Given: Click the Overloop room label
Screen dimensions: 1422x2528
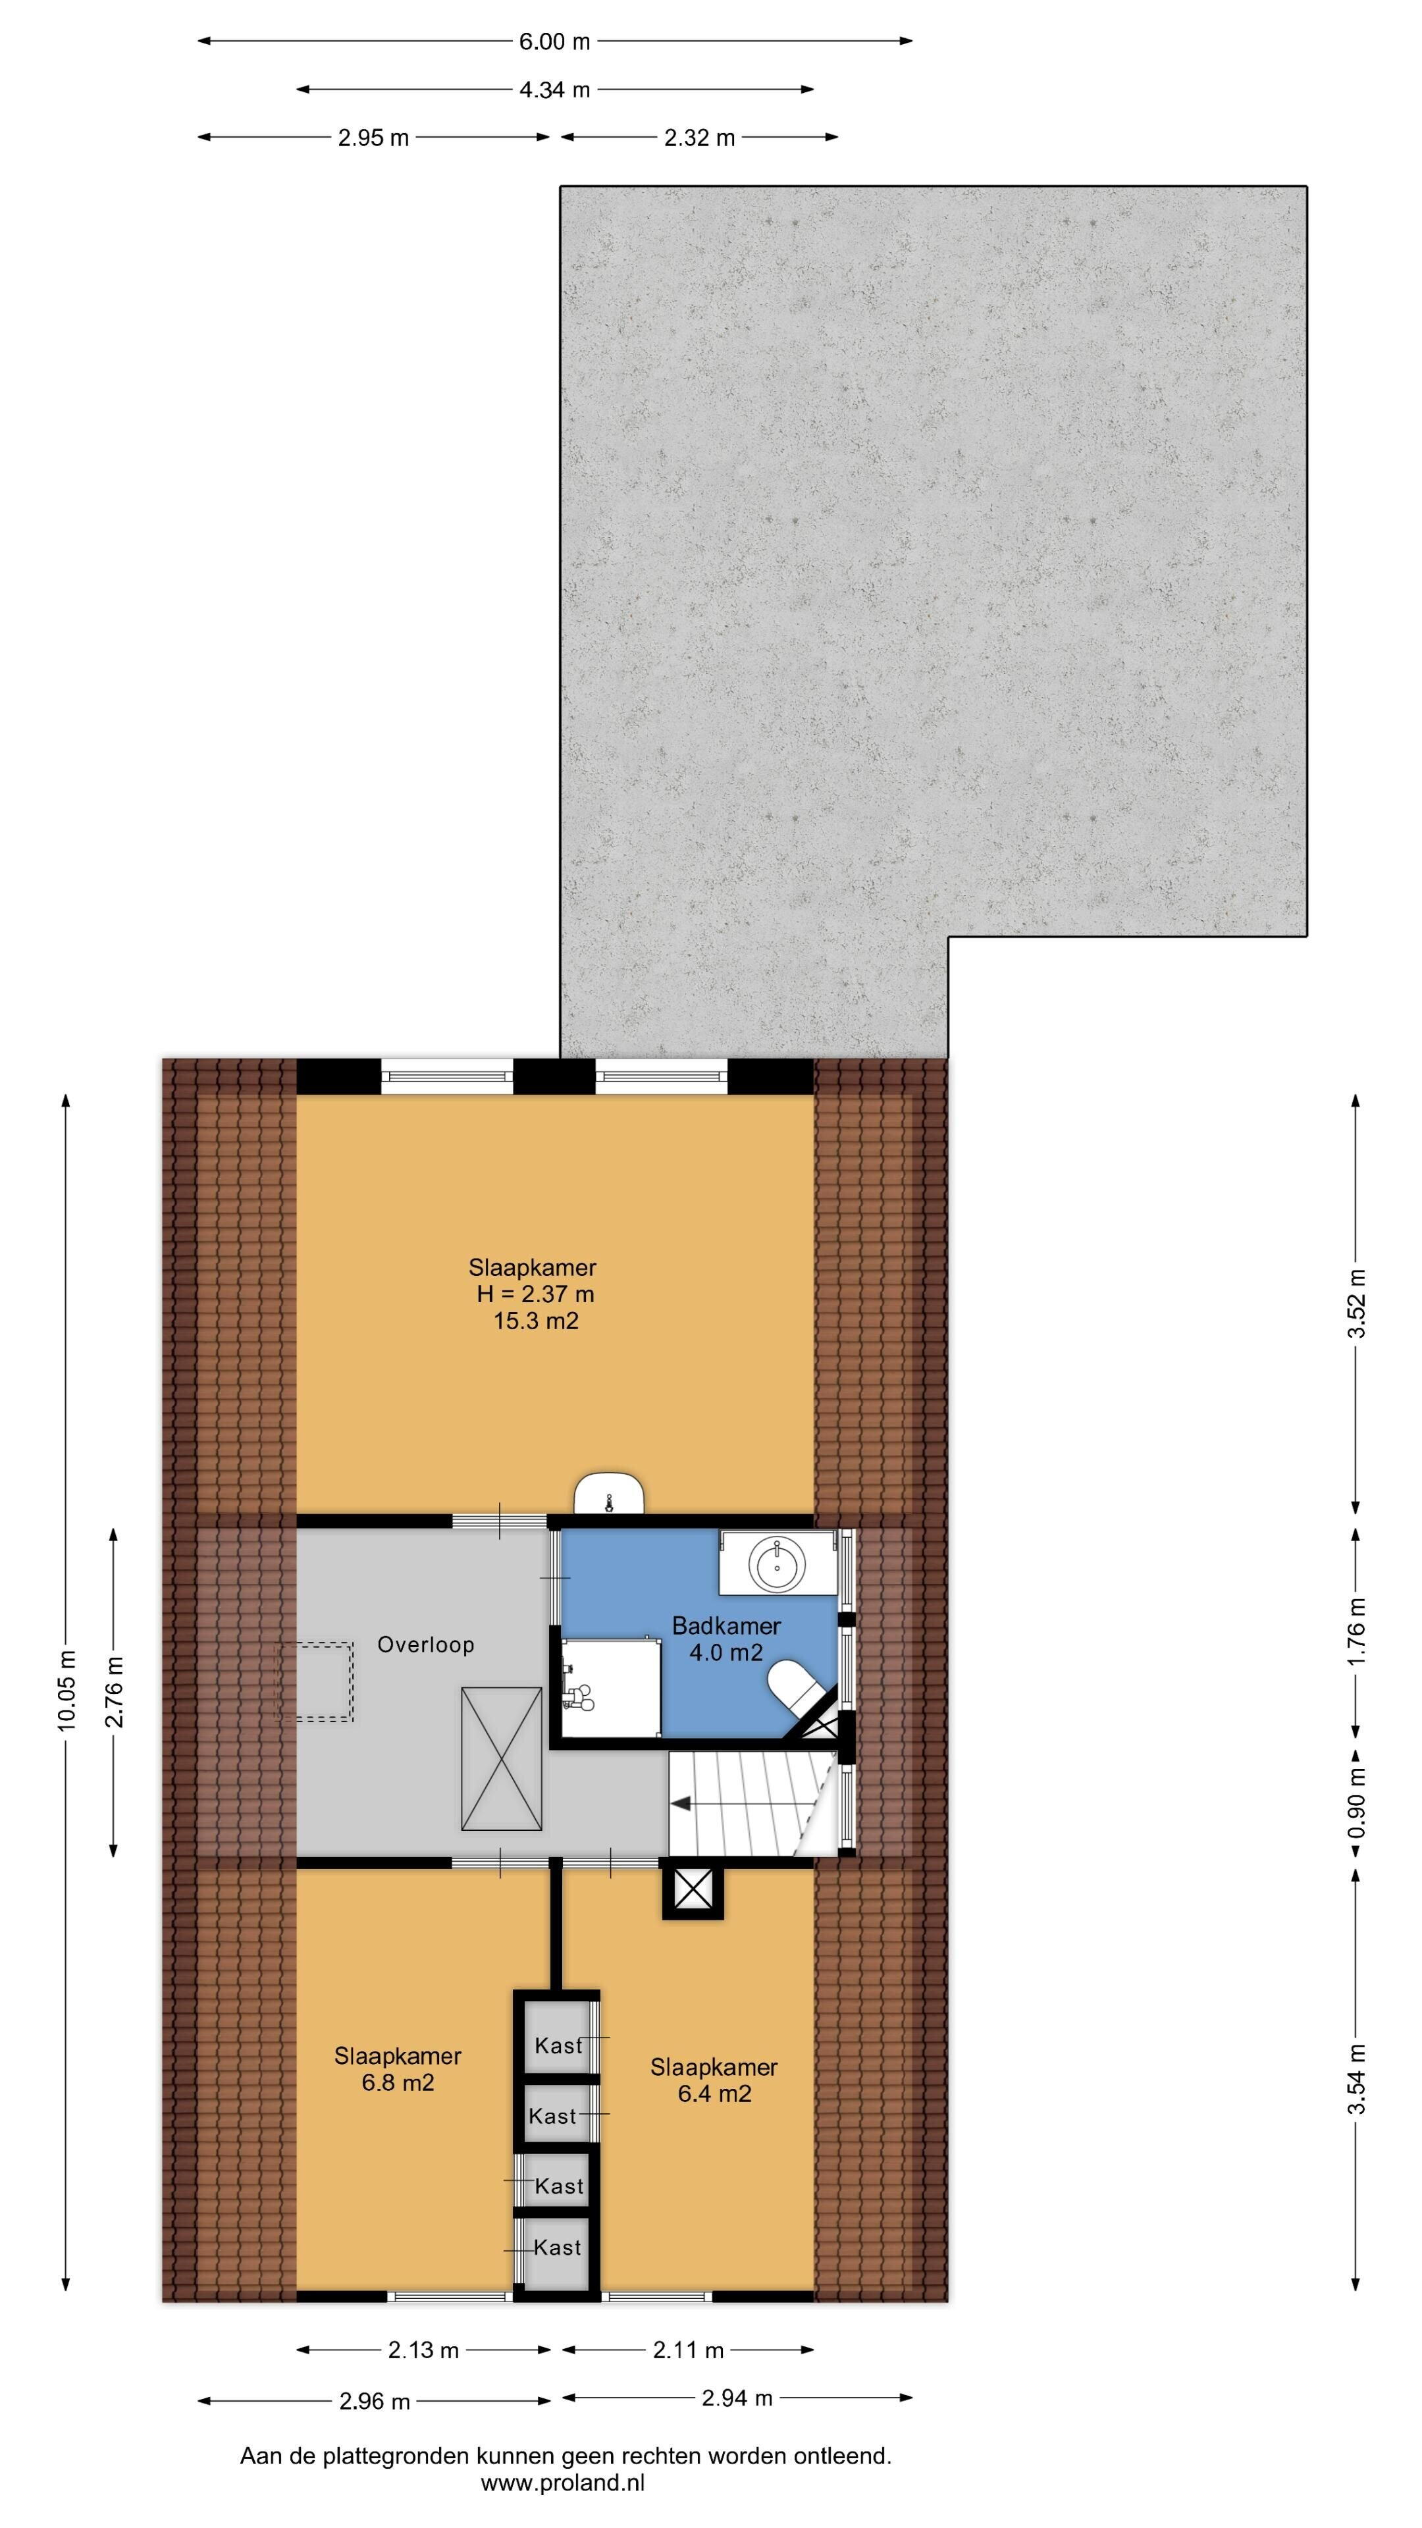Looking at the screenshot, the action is tap(426, 1644).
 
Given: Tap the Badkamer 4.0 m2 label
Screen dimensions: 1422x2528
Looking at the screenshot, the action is tap(726, 1639).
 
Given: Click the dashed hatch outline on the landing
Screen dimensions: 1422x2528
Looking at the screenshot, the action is tap(313, 1681).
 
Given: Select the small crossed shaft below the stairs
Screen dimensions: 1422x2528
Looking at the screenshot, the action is tap(693, 1890).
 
